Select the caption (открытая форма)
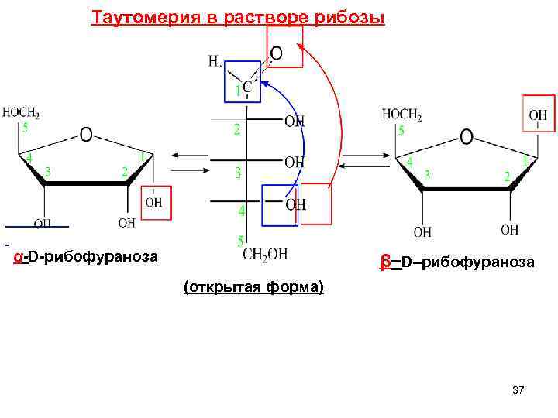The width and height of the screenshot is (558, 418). pyautogui.click(x=254, y=288)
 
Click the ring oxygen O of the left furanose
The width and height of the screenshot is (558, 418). pyautogui.click(x=86, y=135)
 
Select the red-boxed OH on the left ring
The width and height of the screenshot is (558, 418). pyautogui.click(x=153, y=203)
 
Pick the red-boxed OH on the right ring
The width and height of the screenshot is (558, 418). pyautogui.click(x=538, y=116)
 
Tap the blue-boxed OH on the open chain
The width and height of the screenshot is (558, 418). pyautogui.click(x=295, y=204)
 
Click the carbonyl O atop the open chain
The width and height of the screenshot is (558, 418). pyautogui.click(x=275, y=53)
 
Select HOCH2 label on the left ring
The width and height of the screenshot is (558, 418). pyautogui.click(x=21, y=113)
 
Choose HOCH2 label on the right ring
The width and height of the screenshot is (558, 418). pyautogui.click(x=401, y=115)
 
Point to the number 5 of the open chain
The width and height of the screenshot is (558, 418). pyautogui.click(x=240, y=242)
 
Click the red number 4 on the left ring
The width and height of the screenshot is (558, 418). pyautogui.click(x=29, y=158)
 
